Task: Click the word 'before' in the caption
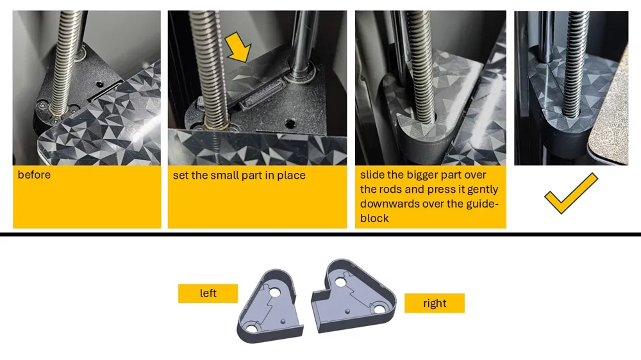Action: [x=35, y=175]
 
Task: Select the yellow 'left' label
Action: [x=208, y=293]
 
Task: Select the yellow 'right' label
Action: [x=435, y=303]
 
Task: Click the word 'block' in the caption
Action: [x=374, y=218]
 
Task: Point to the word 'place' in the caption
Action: [x=291, y=176]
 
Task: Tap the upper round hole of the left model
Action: [x=274, y=293]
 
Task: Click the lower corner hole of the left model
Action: [x=252, y=327]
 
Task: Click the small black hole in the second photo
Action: [x=290, y=123]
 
